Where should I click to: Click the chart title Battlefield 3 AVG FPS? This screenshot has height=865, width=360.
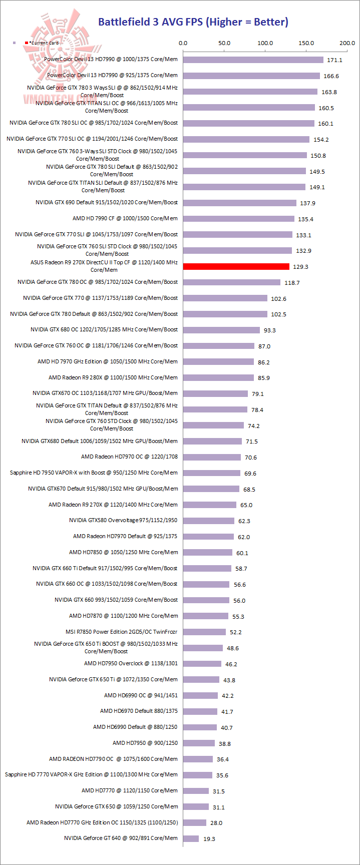point(193,22)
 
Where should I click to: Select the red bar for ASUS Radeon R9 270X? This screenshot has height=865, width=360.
point(236,266)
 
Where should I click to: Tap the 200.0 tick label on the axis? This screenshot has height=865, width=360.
point(347,43)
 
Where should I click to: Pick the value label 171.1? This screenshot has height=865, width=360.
point(334,60)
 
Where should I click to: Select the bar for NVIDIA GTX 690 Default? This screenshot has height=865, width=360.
point(239,203)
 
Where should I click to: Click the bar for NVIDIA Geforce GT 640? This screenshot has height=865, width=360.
point(191,838)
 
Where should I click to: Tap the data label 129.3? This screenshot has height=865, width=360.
point(300,267)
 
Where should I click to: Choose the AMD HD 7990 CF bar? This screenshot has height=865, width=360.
point(238,219)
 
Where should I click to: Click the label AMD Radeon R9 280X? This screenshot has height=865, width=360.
point(113,377)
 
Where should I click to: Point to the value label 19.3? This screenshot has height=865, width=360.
point(209,838)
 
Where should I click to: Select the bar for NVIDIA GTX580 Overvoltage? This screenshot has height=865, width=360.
point(208,521)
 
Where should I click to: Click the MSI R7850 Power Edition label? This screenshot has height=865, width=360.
point(121,632)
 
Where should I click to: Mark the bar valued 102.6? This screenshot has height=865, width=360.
point(225,298)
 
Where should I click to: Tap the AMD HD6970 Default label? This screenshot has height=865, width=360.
point(139,711)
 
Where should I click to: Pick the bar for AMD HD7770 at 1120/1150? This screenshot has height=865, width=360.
point(196,790)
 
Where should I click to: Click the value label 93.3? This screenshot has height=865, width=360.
point(270,330)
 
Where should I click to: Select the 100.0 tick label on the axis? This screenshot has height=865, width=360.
point(265,43)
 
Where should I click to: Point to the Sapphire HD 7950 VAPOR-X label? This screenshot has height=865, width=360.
point(94,473)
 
